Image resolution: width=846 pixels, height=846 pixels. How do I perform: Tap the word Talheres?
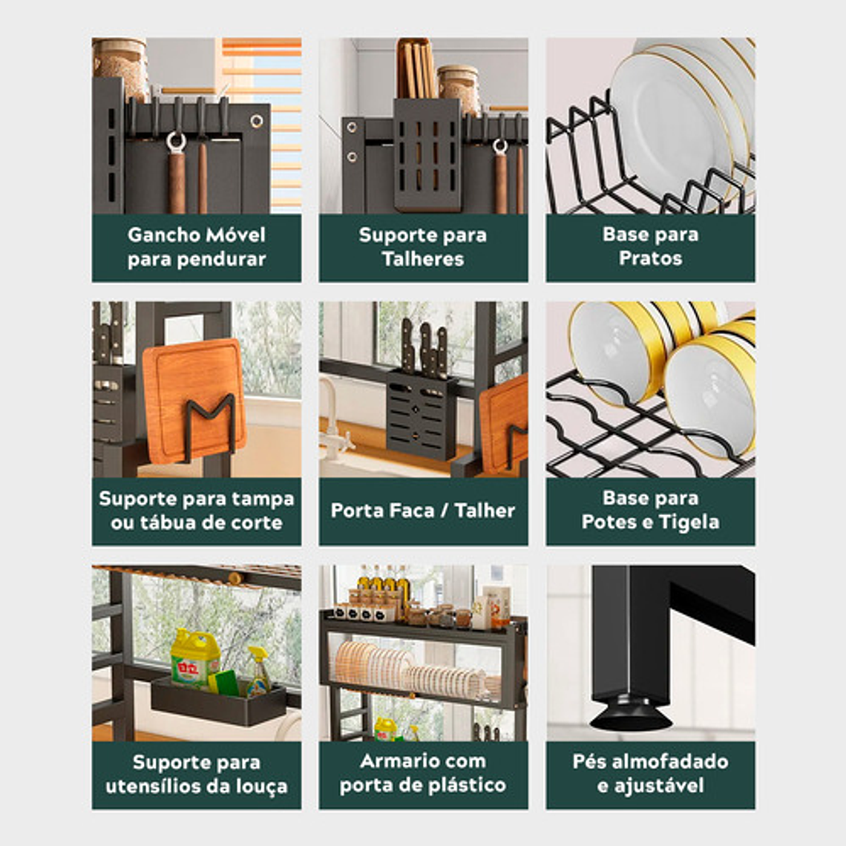click(x=423, y=259)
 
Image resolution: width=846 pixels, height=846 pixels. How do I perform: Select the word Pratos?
click(x=650, y=258)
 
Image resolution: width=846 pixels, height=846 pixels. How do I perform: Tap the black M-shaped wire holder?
click(x=210, y=427)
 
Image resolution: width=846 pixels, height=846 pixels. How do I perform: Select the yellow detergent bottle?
click(x=195, y=659)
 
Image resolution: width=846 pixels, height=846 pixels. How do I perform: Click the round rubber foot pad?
click(x=631, y=716)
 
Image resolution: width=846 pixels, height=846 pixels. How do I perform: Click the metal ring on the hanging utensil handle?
click(x=176, y=142)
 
